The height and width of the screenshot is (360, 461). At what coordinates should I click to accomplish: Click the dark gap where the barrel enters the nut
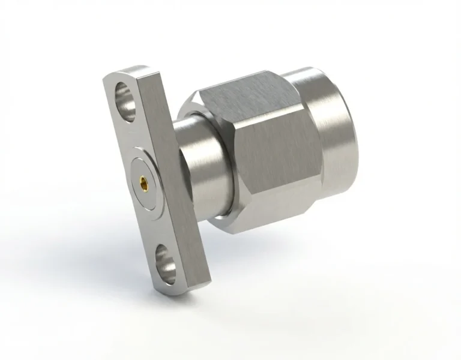click(x=223, y=180)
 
